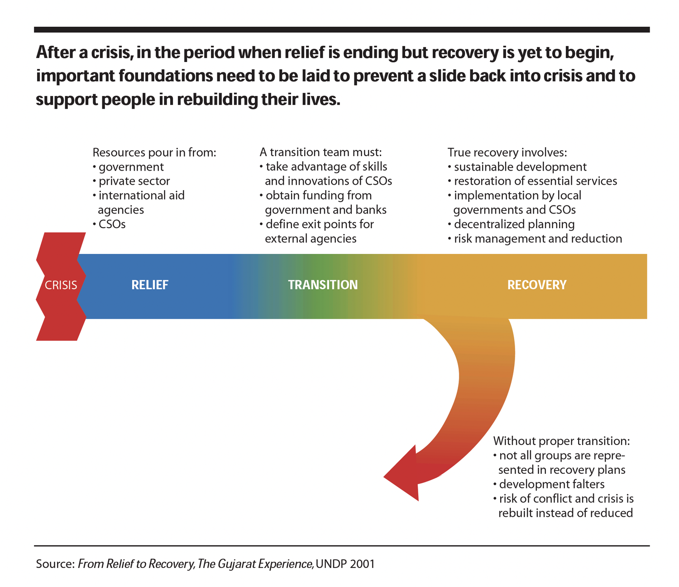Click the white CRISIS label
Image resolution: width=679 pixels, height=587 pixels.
click(61, 285)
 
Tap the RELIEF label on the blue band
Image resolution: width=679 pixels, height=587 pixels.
click(150, 285)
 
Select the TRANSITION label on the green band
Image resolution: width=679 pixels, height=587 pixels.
click(323, 285)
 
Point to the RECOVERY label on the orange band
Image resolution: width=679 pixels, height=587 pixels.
click(537, 285)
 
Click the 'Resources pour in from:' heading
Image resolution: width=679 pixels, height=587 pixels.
click(154, 152)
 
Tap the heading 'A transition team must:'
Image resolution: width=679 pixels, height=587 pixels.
click(320, 152)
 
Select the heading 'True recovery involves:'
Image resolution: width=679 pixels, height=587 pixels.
click(507, 152)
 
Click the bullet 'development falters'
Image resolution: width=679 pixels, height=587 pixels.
click(551, 484)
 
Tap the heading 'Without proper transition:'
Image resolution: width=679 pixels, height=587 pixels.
click(561, 441)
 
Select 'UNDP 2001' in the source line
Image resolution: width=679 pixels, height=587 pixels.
click(345, 564)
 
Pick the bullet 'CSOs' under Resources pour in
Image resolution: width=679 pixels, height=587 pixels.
click(112, 224)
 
